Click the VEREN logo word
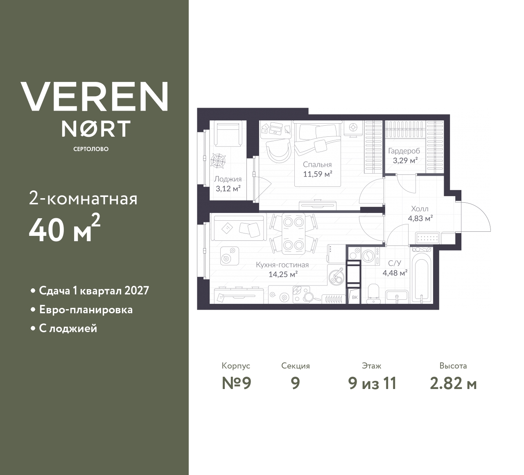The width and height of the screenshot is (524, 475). [x=94, y=96]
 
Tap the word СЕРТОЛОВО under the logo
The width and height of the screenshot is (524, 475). [x=91, y=149]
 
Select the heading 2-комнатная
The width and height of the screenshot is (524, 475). [x=83, y=199]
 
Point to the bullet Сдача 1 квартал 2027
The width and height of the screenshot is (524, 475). [x=94, y=291]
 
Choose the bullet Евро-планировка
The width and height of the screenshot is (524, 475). [x=86, y=310]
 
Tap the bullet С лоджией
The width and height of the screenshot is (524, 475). [x=68, y=328]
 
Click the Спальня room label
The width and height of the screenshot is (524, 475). [x=317, y=165]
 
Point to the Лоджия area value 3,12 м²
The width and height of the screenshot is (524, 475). [x=228, y=189]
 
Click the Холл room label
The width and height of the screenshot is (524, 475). [x=420, y=209]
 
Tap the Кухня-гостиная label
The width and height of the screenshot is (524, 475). [x=282, y=265]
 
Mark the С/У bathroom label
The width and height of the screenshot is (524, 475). [x=394, y=263]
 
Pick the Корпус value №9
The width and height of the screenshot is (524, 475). [x=236, y=383]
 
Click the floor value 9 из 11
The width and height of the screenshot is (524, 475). [x=372, y=383]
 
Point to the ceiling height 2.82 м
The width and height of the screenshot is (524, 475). [x=453, y=383]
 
